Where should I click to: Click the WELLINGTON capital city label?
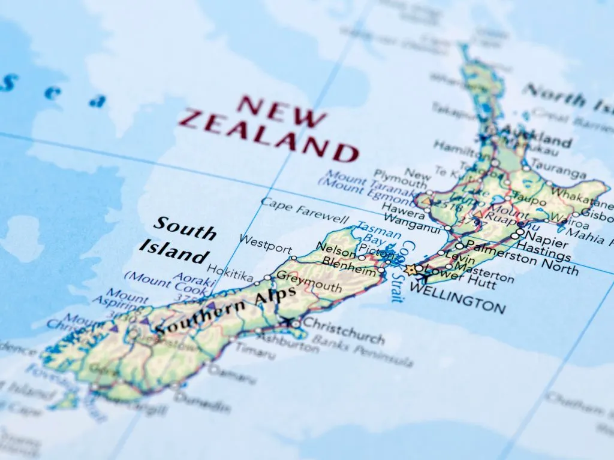[x=457, y=298]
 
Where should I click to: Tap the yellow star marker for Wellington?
[x=411, y=270]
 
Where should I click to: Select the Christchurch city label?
[x=344, y=331]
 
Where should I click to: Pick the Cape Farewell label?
[x=304, y=210]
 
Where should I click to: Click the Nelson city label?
[x=336, y=247]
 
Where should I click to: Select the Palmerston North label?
[x=522, y=256]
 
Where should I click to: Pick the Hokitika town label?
[x=230, y=276]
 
